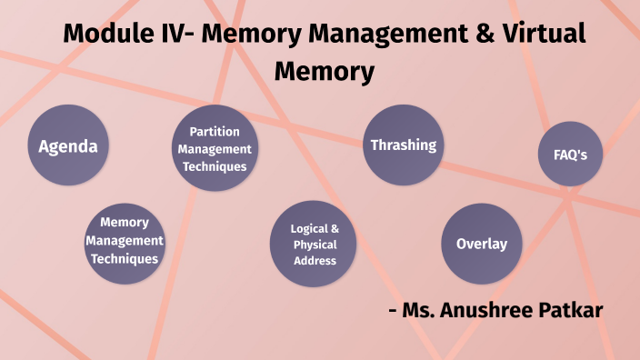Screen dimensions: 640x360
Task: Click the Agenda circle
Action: tap(67, 146)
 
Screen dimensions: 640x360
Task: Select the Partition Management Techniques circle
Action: tap(215, 149)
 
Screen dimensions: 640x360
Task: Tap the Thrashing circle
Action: tap(403, 145)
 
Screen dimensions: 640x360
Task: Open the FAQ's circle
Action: tap(570, 154)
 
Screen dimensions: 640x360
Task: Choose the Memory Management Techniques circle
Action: tap(124, 241)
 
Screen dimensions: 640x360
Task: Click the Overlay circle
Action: tap(481, 244)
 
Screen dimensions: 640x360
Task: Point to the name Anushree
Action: tap(494, 310)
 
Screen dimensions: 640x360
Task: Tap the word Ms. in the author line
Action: tap(424, 310)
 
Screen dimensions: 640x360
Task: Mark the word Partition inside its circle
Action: tap(215, 132)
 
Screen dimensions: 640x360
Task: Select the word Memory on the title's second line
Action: tap(324, 71)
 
